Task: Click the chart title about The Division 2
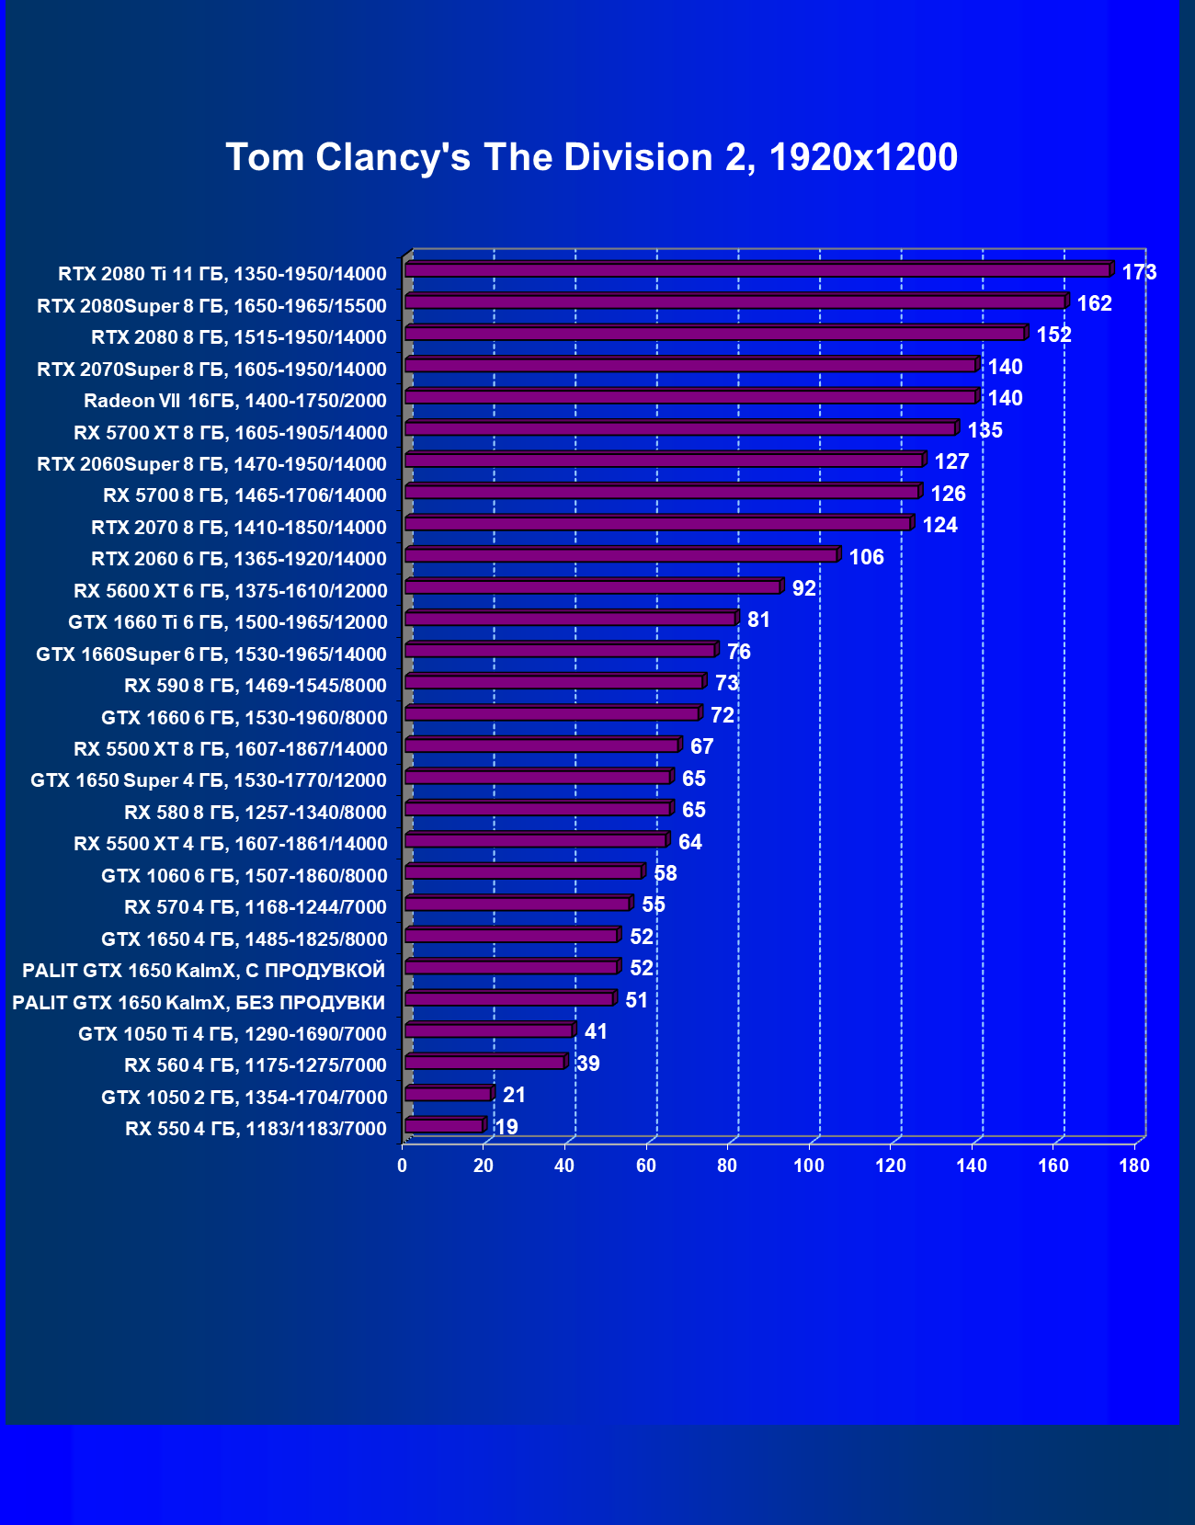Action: (x=591, y=157)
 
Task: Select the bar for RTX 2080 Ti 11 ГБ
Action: (x=757, y=270)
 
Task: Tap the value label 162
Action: (x=1094, y=303)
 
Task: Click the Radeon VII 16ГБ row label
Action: (x=234, y=401)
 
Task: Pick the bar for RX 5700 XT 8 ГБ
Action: (x=680, y=429)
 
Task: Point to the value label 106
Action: (x=866, y=557)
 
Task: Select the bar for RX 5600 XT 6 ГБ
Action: (x=593, y=587)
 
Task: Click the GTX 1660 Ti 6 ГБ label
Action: (x=227, y=622)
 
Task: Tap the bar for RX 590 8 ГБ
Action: (x=554, y=682)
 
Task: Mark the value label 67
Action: (x=701, y=746)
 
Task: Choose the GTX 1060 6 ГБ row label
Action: (x=244, y=875)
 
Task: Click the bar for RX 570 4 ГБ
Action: (x=518, y=905)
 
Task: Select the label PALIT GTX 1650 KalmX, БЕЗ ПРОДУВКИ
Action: (x=199, y=1002)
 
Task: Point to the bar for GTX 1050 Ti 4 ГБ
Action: (x=489, y=1031)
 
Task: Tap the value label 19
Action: (x=506, y=1127)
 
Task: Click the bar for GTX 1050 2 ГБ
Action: (x=449, y=1095)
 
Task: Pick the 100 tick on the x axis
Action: (x=809, y=1166)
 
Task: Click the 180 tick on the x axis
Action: (x=1134, y=1166)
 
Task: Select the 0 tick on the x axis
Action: (x=402, y=1166)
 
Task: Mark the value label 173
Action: (x=1139, y=272)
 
